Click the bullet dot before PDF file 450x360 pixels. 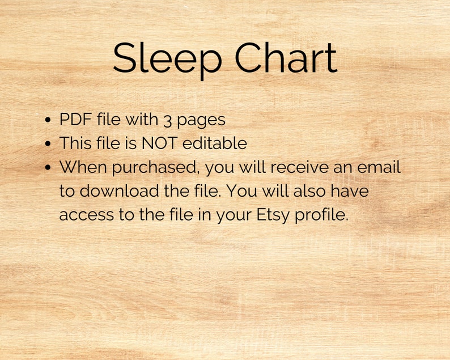point(48,121)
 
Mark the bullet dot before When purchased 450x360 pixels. point(48,168)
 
